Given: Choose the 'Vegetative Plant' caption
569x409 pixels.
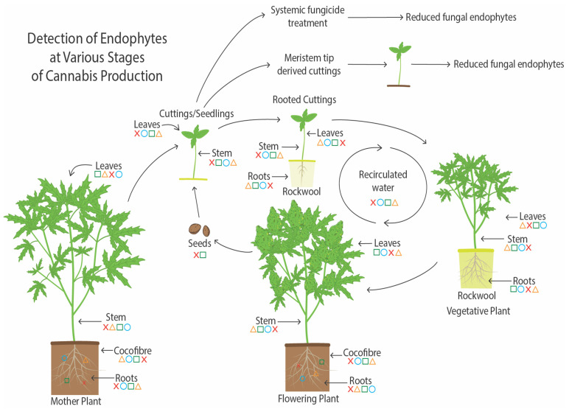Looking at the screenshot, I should click(x=478, y=311).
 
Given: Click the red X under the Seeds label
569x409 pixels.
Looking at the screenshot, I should click(x=197, y=254).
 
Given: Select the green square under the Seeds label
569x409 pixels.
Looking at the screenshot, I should click(x=204, y=254).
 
